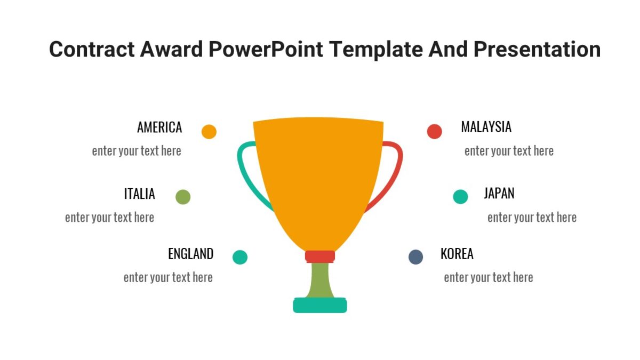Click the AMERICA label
pos(159,127)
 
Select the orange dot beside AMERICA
pos(209,132)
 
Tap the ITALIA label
pos(140,194)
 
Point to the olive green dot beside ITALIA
pos(183,197)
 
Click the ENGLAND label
pos(190,254)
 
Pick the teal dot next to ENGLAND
pos(240,257)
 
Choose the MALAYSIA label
pos(486,127)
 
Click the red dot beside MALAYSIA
pos(435,131)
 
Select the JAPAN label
pos(499,193)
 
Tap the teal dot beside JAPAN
pos(460,197)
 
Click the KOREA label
pos(457,254)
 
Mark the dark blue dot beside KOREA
pos(415,257)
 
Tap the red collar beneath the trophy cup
pos(320,257)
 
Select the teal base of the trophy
pos(320,306)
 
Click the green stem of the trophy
pos(320,280)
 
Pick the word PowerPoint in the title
pos(266,50)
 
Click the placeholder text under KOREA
pos(488,277)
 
